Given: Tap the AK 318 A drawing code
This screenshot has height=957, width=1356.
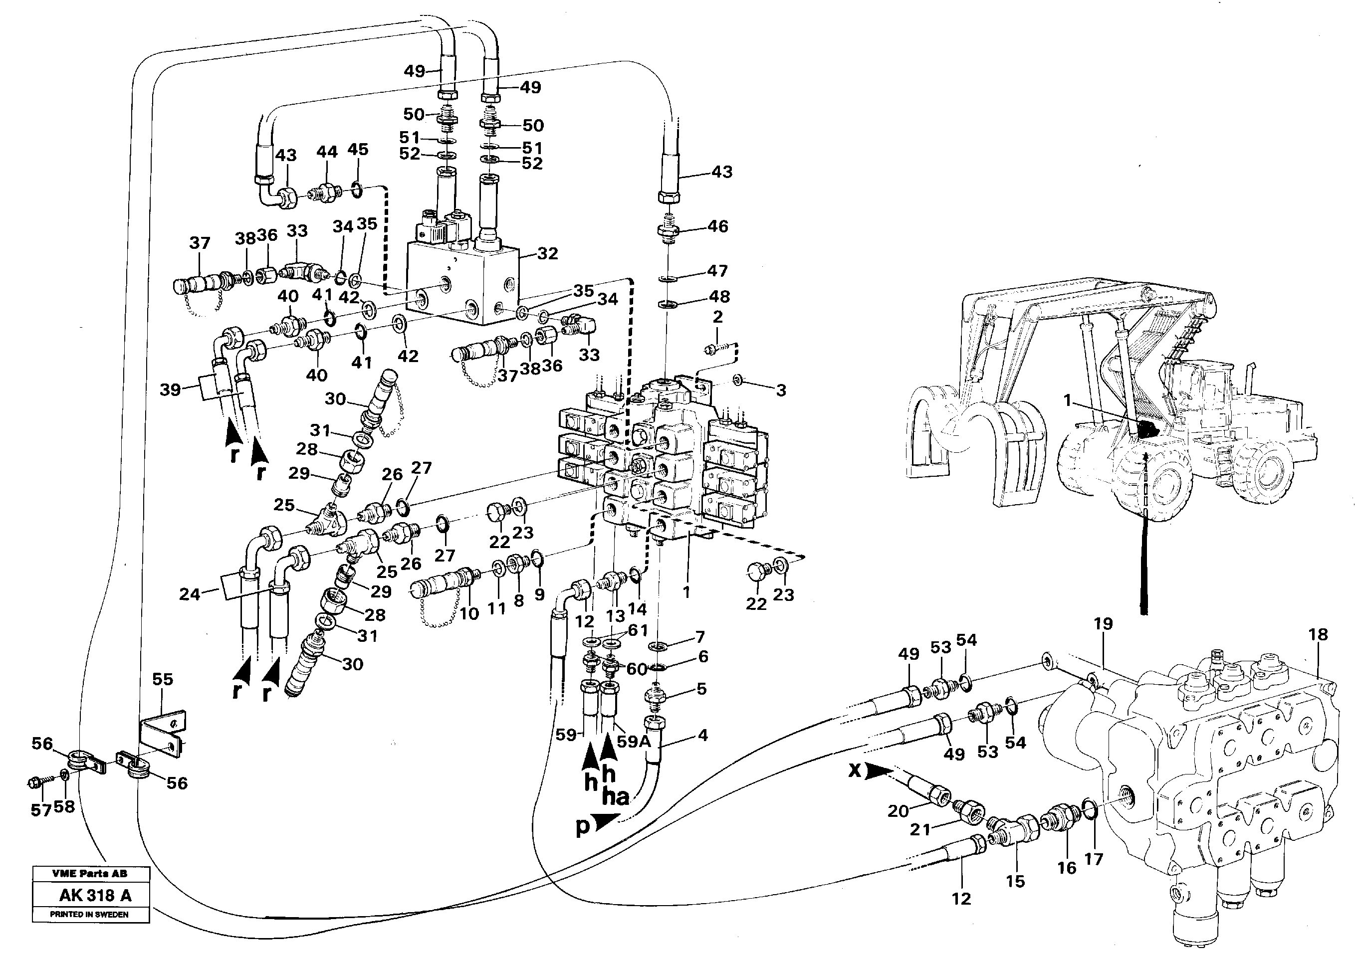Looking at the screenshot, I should point(95,896).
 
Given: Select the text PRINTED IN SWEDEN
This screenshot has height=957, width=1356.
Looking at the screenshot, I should point(89,914).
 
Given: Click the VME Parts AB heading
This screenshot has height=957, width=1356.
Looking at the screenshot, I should point(89,873).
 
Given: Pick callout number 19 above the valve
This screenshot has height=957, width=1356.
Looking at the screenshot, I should point(1103,624).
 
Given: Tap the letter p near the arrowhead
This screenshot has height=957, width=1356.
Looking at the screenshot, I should point(582,828).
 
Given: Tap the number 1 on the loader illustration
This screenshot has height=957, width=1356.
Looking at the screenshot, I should point(1067,401).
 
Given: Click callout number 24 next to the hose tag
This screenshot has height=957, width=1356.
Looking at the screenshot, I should point(190,594).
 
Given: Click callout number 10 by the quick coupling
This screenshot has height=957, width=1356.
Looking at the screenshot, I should point(469,613).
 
